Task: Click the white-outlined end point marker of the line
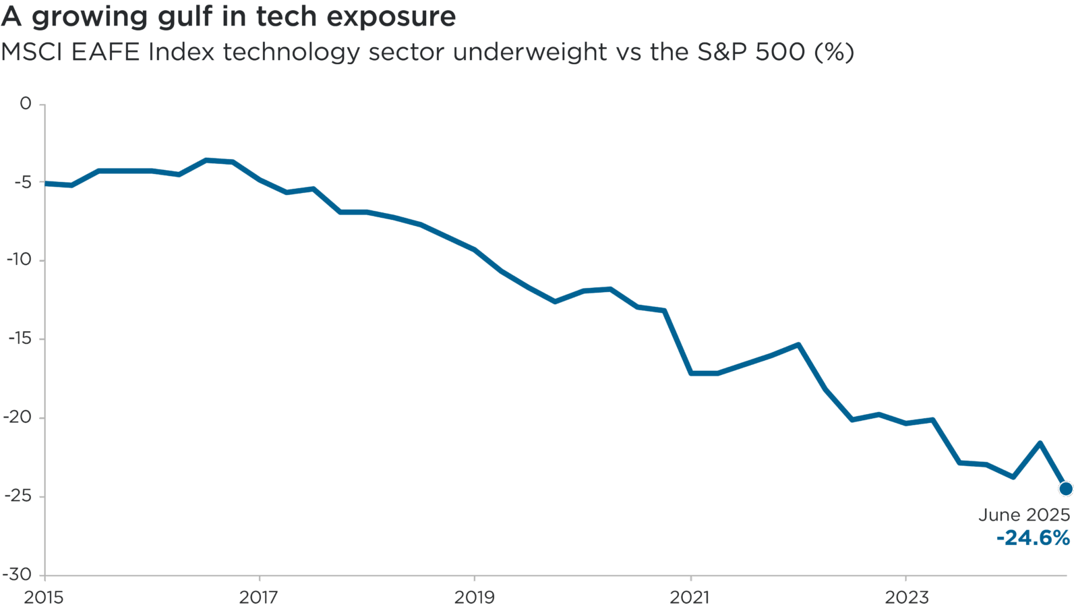1065,488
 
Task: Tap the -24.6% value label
1033,538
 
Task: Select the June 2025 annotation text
1024,515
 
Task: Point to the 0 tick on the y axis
26,103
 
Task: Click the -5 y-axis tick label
20,182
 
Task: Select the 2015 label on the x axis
43,597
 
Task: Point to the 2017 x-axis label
259,597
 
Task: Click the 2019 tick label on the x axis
474,597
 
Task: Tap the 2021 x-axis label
690,597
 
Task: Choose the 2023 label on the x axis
905,597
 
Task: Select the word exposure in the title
391,17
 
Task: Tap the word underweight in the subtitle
530,52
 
